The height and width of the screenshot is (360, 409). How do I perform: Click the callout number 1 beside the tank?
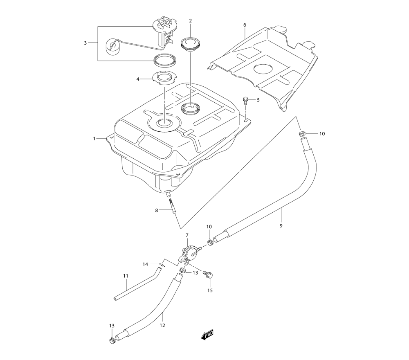click(94, 139)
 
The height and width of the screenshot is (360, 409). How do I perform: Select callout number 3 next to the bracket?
click(85, 43)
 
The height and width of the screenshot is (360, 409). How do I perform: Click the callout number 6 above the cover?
click(245, 25)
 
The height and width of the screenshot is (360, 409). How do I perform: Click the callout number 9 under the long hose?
click(281, 225)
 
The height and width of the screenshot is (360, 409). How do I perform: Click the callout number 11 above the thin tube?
click(126, 276)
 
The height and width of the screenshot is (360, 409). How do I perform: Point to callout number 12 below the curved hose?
click(162, 326)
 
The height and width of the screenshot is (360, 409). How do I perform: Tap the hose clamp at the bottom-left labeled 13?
click(112, 340)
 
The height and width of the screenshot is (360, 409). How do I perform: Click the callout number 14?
click(145, 264)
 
